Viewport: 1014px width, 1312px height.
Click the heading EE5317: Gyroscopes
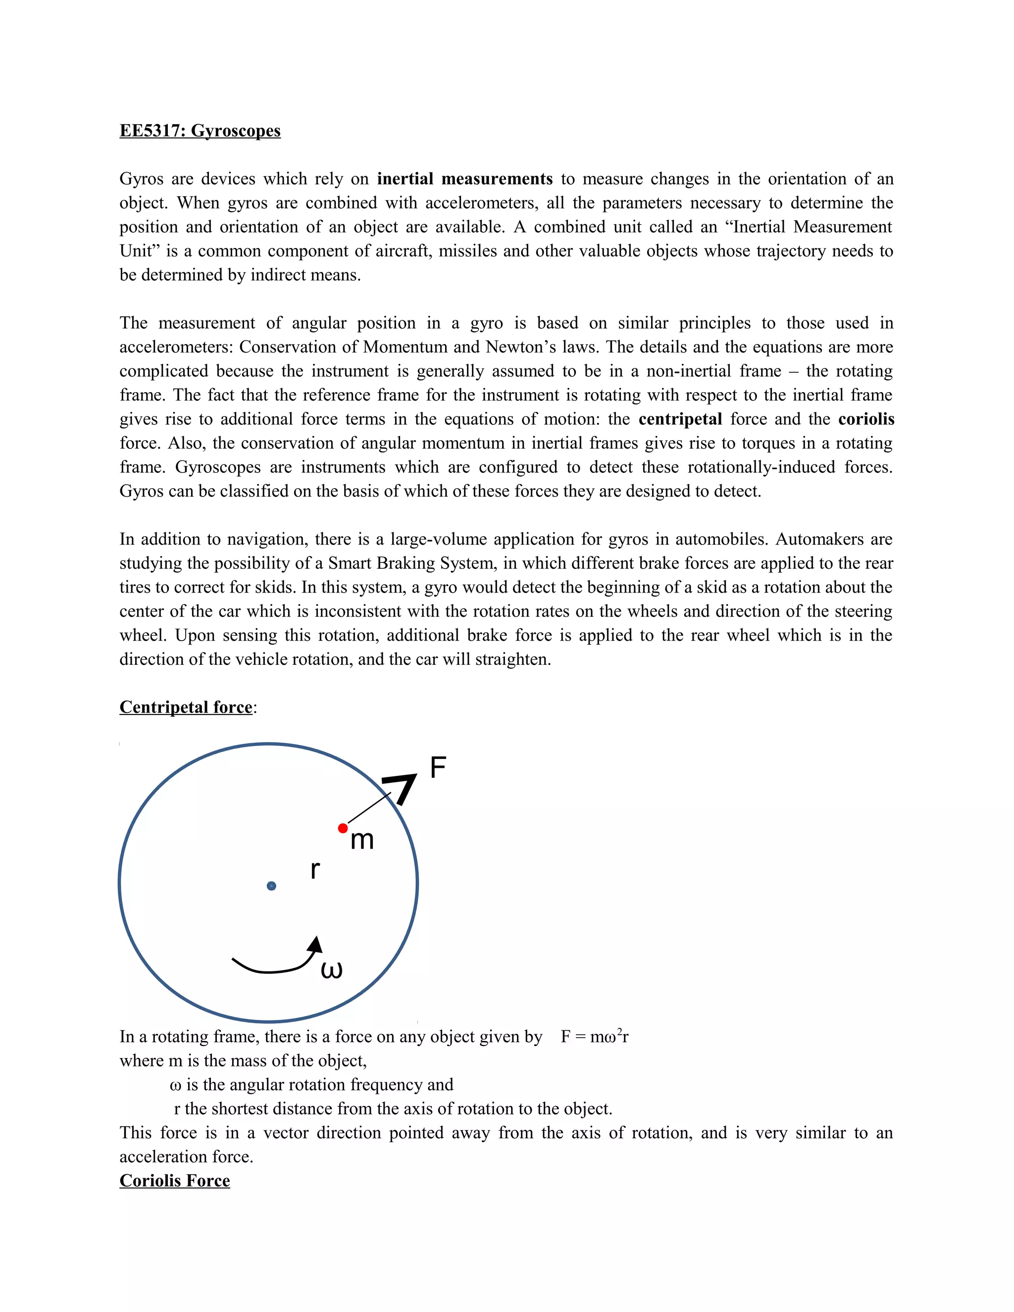pyautogui.click(x=200, y=131)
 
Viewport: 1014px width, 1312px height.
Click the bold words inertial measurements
pyautogui.click(x=464, y=179)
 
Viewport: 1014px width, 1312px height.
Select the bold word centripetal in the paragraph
pyautogui.click(x=680, y=419)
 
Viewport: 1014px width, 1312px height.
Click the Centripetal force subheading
pyautogui.click(x=186, y=707)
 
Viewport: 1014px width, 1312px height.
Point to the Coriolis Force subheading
pyautogui.click(x=174, y=1180)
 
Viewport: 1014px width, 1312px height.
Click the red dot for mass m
pyautogui.click(x=343, y=828)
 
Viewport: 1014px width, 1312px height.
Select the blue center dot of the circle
pyautogui.click(x=271, y=886)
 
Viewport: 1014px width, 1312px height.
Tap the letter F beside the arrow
pyautogui.click(x=438, y=768)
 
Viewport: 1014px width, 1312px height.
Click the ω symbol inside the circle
pyautogui.click(x=332, y=969)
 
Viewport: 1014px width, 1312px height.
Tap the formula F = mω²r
pyautogui.click(x=594, y=1037)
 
